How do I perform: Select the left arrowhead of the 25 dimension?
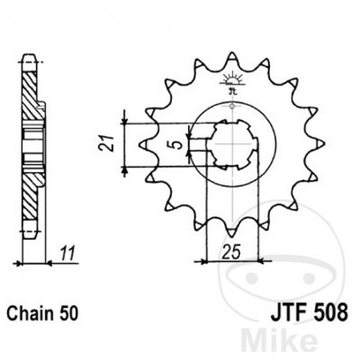click(x=197, y=260)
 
